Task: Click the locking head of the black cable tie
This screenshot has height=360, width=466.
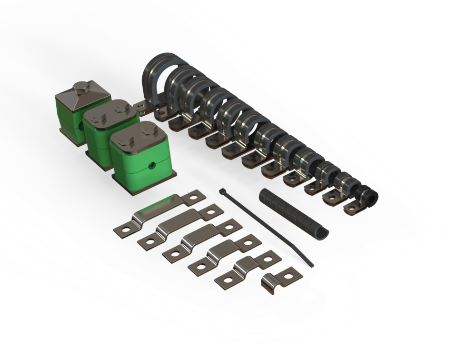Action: click(222, 191)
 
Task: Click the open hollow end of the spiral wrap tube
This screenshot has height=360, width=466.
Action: click(322, 233)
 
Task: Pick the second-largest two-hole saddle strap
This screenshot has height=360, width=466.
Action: click(181, 226)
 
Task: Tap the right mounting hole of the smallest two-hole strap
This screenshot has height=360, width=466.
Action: click(270, 259)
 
